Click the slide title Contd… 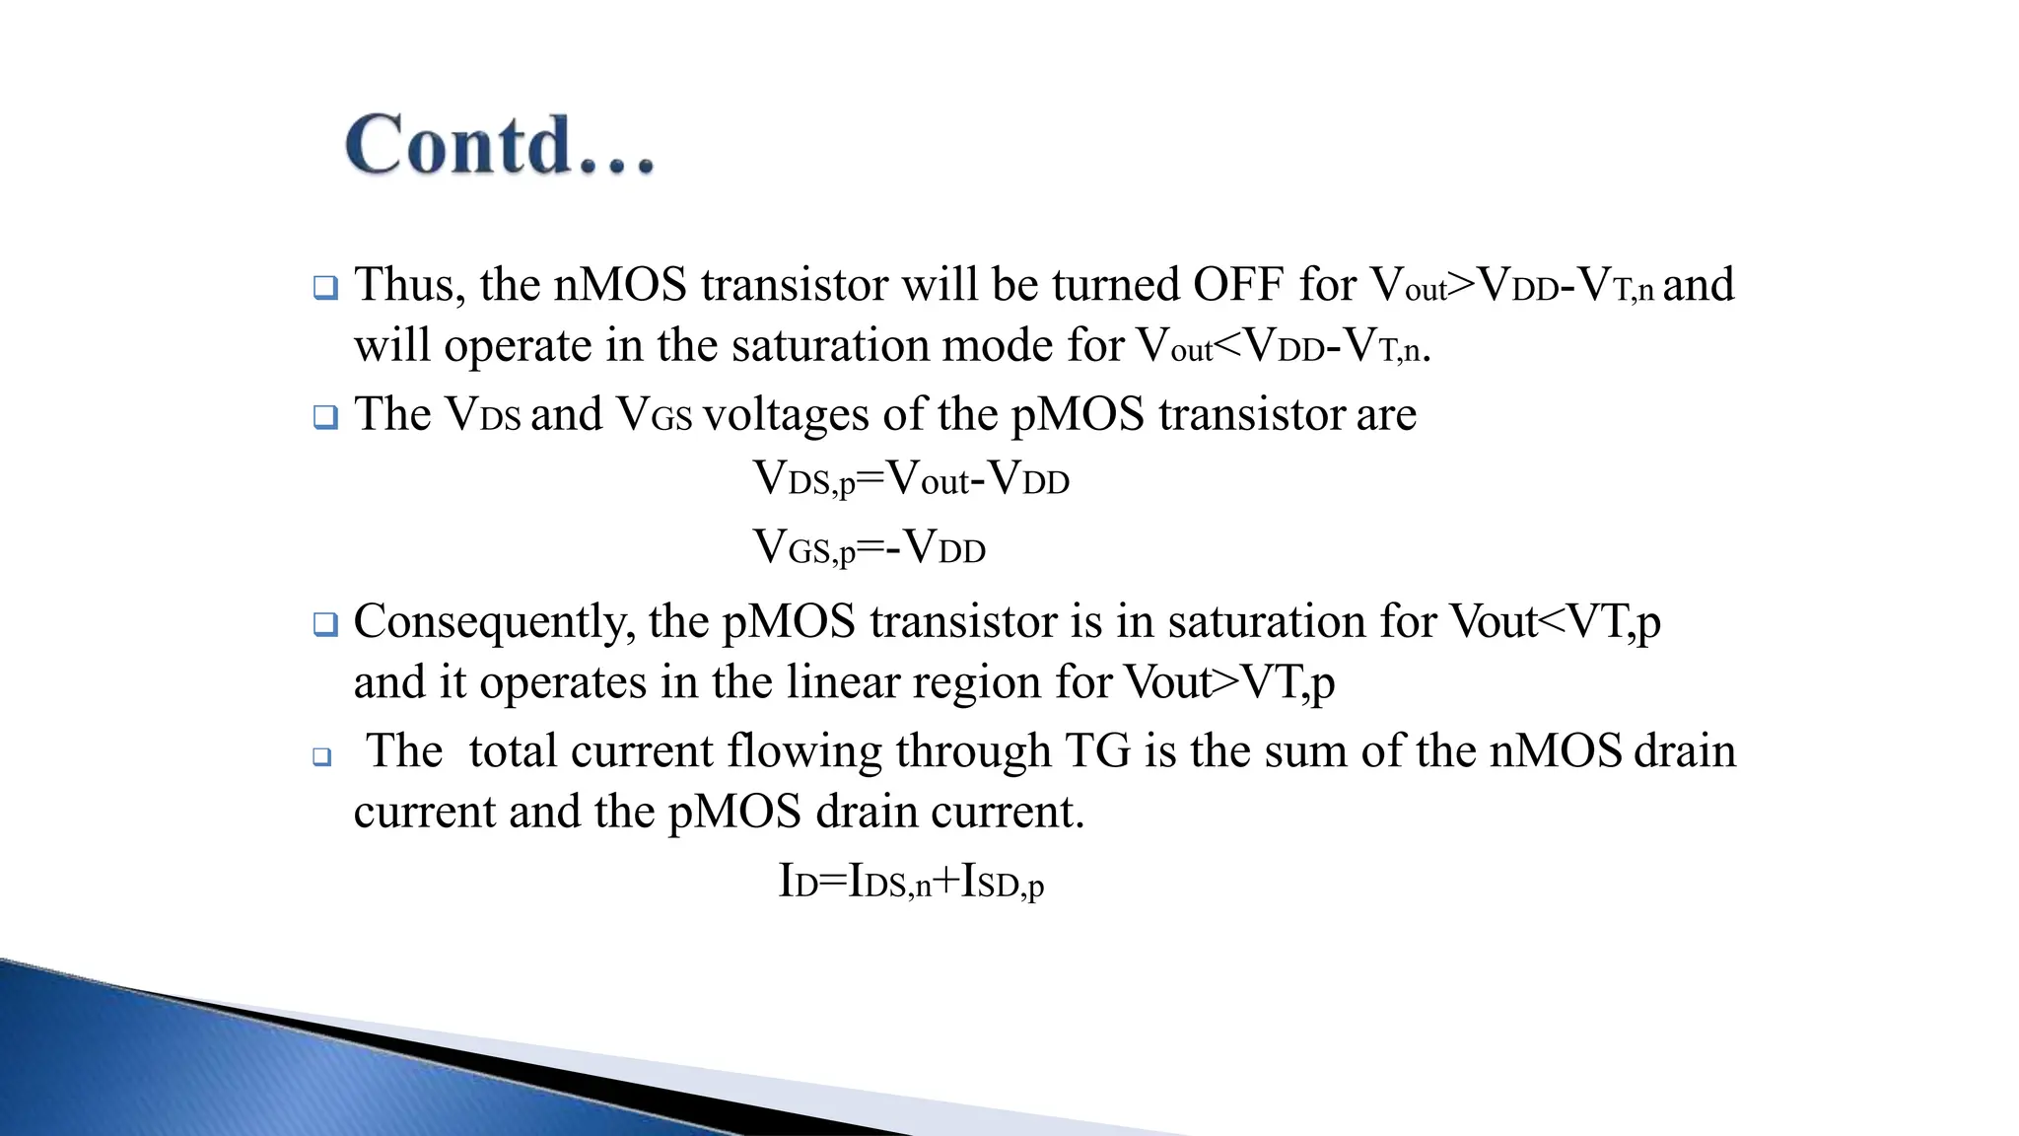(500, 145)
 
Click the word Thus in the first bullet (403, 285)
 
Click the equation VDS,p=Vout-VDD (911, 480)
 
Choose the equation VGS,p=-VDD (869, 548)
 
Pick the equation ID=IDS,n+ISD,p (911, 882)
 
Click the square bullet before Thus (325, 288)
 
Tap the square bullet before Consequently (325, 624)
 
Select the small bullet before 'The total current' (322, 757)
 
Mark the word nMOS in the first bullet (620, 285)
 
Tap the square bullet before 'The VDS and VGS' (325, 417)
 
